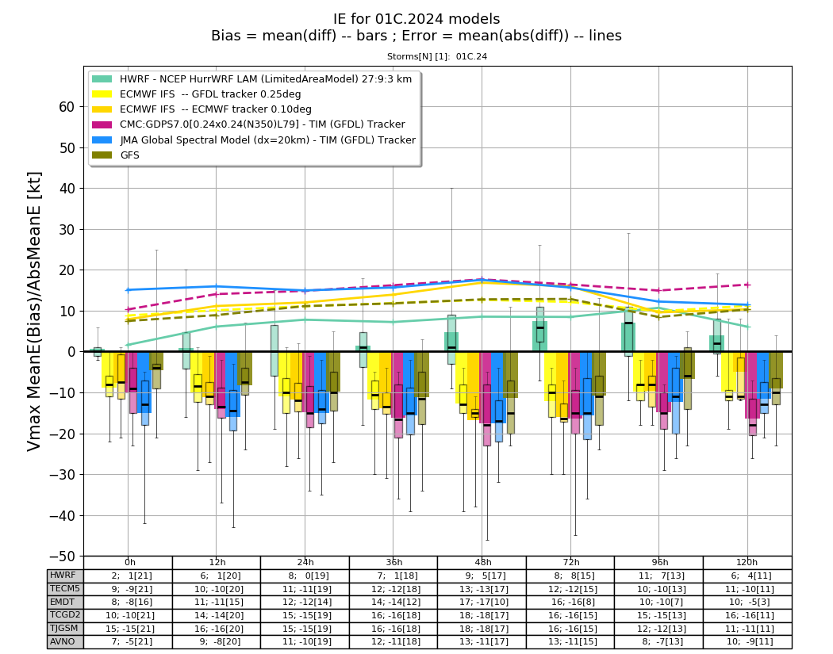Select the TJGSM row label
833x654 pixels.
tap(65, 629)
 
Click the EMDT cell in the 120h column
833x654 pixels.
tap(747, 602)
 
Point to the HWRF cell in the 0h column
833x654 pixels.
tap(128, 576)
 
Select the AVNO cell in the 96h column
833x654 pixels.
tap(658, 642)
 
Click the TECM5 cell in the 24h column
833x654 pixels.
tap(305, 589)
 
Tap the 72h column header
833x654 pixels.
tap(570, 563)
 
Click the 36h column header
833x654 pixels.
tap(393, 563)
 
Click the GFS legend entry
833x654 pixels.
tap(116, 155)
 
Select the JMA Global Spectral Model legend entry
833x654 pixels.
tap(254, 140)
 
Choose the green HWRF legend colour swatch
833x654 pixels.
tap(102, 79)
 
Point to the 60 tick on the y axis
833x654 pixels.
tap(67, 107)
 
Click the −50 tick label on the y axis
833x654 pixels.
tap(62, 556)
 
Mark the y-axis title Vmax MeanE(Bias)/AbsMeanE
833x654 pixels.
tap(34, 311)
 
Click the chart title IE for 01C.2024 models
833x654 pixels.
tap(416, 19)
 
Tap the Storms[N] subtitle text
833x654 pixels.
tap(436, 56)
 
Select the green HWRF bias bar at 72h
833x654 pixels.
tap(539, 336)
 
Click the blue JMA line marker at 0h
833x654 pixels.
tap(128, 290)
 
